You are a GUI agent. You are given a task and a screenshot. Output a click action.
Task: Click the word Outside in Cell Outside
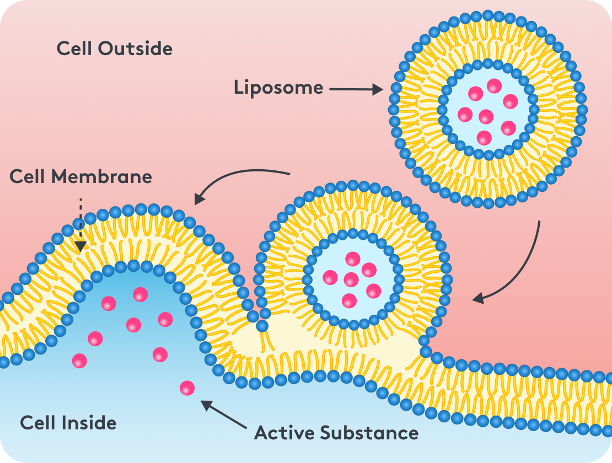pos(136,49)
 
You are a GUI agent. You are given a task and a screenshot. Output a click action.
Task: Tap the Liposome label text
pos(278,88)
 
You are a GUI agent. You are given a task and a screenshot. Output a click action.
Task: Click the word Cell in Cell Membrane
pos(28,177)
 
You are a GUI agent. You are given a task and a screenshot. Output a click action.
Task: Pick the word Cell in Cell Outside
pos(74,49)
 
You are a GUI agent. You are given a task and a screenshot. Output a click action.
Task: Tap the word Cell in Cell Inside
pos(37,423)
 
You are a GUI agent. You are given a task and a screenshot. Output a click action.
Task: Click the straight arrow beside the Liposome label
pos(356,89)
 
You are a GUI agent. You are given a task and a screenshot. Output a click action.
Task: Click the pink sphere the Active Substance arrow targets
pos(187,388)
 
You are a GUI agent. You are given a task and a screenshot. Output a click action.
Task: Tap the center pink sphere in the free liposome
pos(486,117)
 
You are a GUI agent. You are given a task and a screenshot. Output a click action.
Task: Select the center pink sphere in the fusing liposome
pos(351,279)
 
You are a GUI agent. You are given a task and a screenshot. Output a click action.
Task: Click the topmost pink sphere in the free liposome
pos(494,85)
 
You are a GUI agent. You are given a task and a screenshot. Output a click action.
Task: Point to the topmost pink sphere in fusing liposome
pos(352,259)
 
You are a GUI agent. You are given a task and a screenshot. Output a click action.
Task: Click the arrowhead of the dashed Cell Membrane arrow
pos(80,246)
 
